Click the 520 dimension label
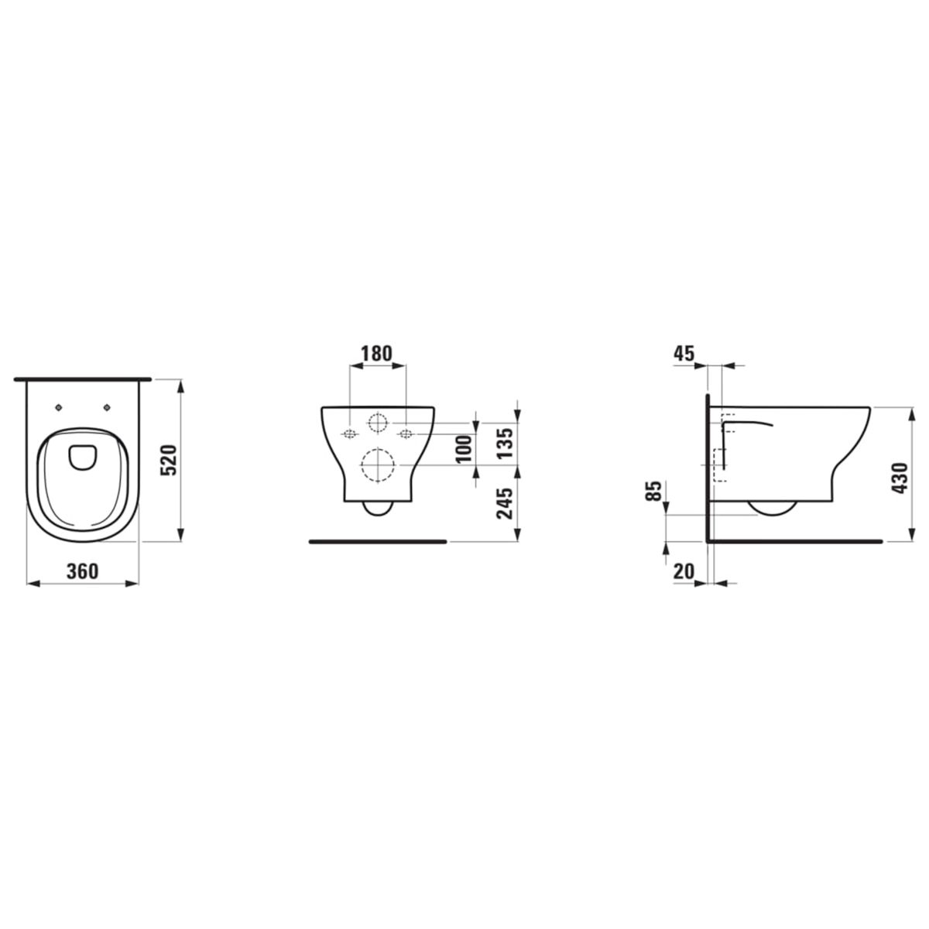pos(169,461)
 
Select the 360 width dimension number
pos(82,571)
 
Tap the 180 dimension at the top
pos(376,354)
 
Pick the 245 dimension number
pos(506,504)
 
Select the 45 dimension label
pos(684,354)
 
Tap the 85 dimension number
pos(653,491)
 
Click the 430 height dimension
pos(900,478)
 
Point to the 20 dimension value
pos(684,572)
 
